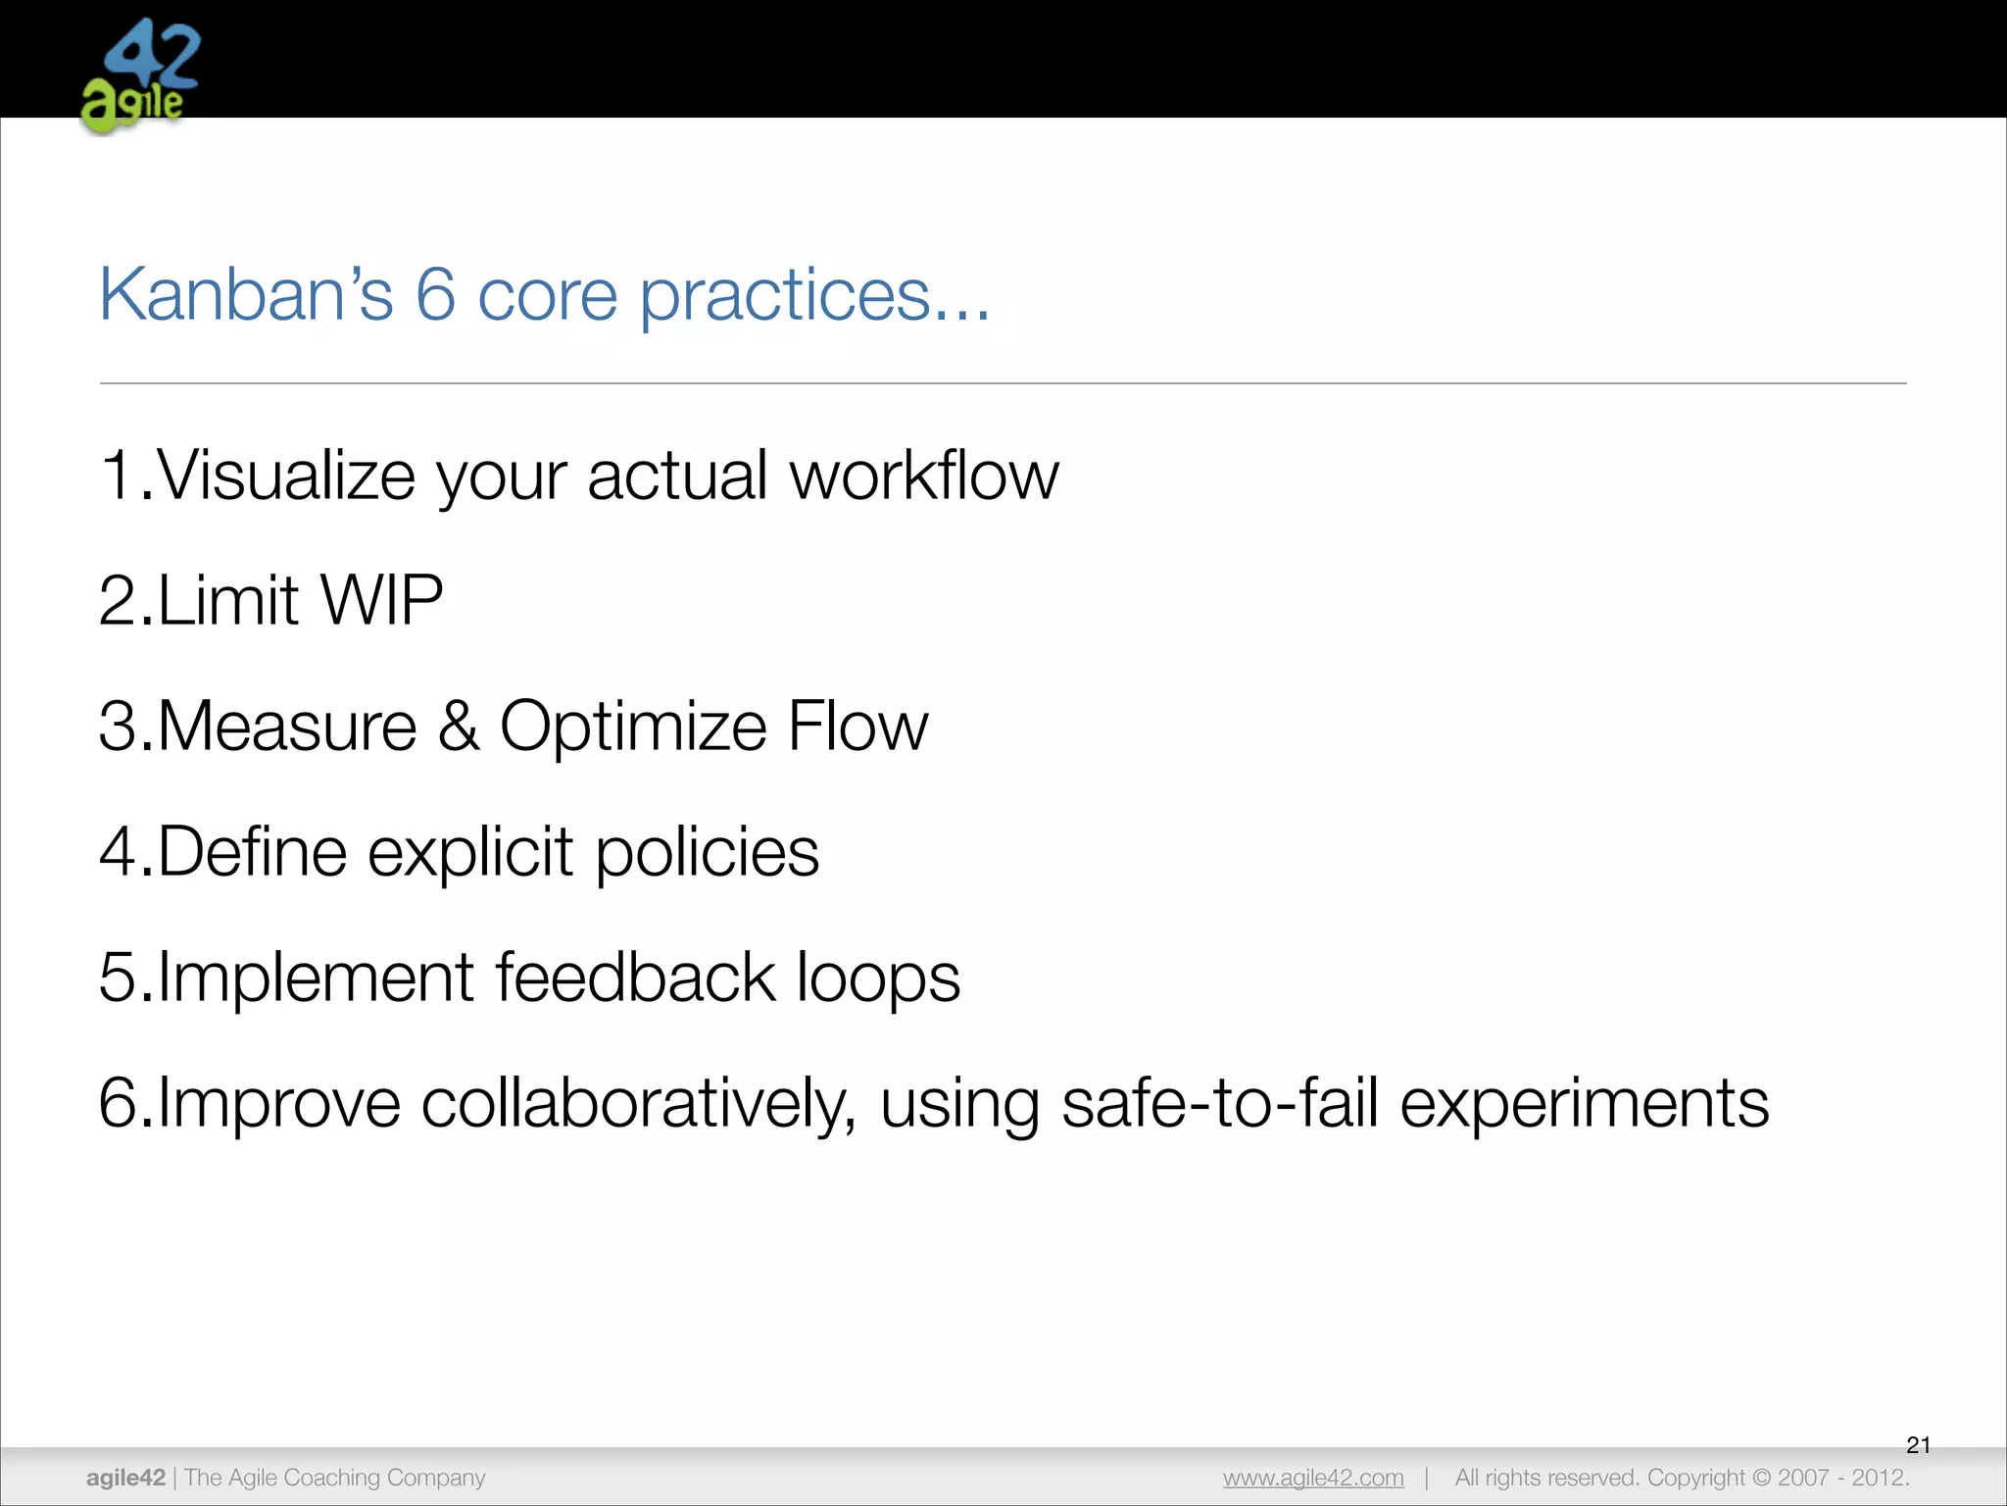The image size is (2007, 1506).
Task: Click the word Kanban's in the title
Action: (246, 294)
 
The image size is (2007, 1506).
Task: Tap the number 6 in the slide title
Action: (435, 294)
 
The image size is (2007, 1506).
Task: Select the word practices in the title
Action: (784, 296)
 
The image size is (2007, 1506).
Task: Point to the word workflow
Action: (924, 476)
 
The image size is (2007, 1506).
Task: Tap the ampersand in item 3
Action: (459, 727)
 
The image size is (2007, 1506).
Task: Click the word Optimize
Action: (633, 727)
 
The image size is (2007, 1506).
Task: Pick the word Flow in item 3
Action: (857, 727)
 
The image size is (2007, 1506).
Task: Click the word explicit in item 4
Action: (469, 852)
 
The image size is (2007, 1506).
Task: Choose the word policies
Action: (707, 852)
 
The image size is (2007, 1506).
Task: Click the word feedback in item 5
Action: (635, 978)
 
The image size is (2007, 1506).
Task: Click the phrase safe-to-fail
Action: (1220, 1103)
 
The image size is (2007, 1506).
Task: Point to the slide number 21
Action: (1918, 1444)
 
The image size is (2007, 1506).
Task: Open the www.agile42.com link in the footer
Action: (1313, 1478)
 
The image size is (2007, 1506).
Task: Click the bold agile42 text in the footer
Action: (125, 1478)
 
